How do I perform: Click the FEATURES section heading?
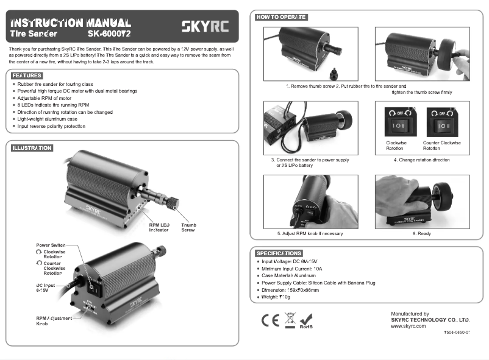26,75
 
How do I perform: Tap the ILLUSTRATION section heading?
32,148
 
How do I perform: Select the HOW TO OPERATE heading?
280,17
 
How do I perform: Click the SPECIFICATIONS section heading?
279,253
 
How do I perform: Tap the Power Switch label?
51,245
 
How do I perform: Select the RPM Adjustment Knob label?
54,321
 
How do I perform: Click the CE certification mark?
270,320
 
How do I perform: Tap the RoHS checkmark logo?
307,320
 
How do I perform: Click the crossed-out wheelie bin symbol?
290,319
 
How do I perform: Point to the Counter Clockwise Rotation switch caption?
441,146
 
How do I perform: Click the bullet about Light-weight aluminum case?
51,119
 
